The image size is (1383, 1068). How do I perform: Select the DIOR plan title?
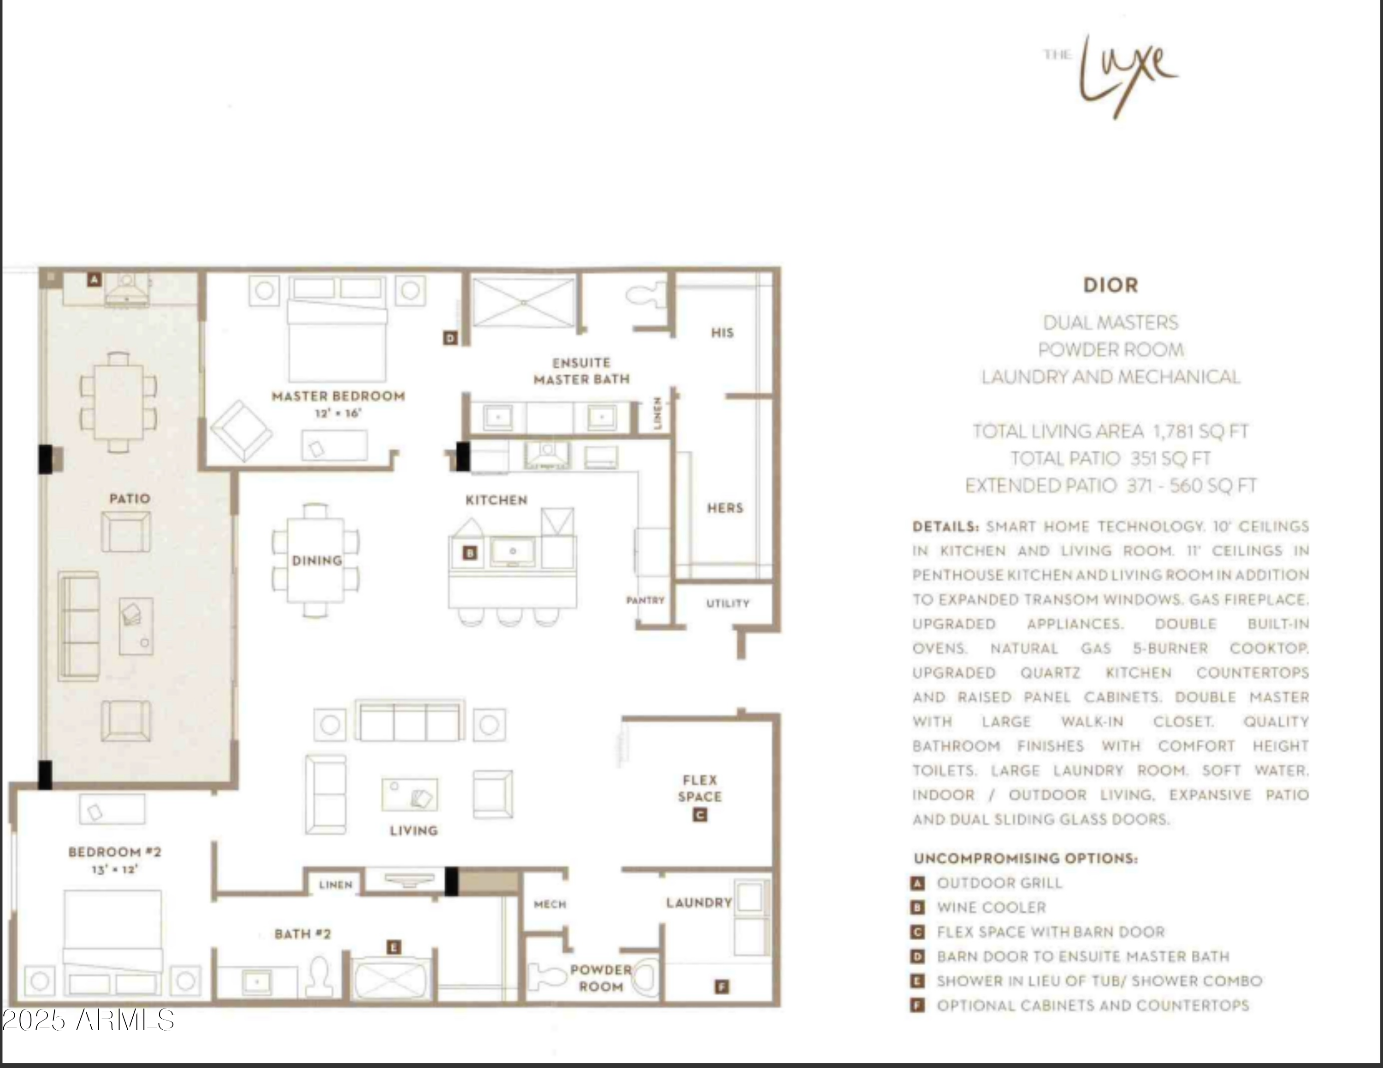pos(1110,285)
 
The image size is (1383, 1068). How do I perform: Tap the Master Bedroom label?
pos(338,396)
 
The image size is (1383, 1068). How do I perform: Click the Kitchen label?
pos(496,500)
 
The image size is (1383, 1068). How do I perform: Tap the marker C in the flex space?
pos(700,815)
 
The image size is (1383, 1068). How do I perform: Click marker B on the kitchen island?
pos(470,553)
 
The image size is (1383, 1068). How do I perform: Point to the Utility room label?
pos(727,603)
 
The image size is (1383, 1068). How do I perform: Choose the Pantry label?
pos(645,600)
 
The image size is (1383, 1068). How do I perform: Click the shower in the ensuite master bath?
pos(523,303)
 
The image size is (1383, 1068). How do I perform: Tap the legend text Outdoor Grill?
pos(999,883)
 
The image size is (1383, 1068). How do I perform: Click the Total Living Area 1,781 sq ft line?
pos(1110,432)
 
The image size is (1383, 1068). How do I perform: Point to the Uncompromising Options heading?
pos(1025,858)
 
